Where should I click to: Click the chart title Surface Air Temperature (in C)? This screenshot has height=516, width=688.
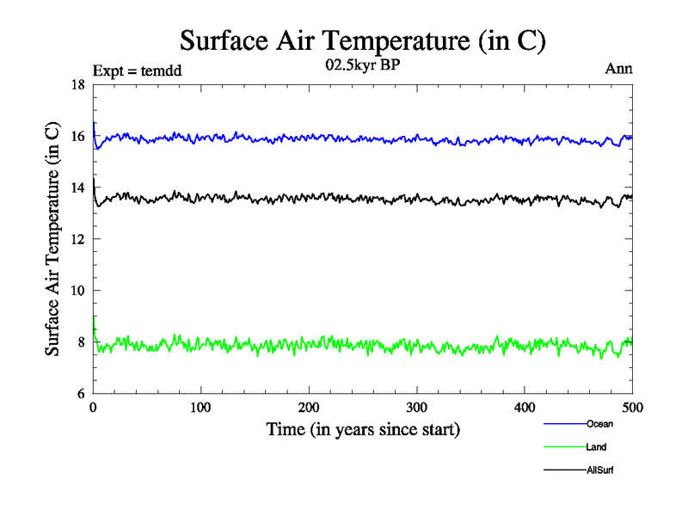tap(362, 40)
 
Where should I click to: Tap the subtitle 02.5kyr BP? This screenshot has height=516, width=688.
tap(361, 68)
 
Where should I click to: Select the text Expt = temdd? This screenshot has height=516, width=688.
tap(138, 69)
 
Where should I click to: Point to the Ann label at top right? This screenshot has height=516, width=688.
tap(619, 69)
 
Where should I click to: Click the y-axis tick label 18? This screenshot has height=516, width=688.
tap(77, 84)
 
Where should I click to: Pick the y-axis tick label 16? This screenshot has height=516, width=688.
tap(77, 136)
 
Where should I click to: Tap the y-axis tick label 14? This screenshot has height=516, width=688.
tap(77, 187)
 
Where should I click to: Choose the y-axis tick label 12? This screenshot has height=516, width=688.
tap(77, 239)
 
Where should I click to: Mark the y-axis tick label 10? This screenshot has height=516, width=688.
tap(77, 291)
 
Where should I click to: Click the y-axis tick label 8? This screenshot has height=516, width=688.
tap(81, 342)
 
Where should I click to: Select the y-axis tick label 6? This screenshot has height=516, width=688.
tap(81, 394)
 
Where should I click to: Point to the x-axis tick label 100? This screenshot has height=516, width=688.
tap(200, 407)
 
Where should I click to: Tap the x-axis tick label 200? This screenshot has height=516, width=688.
tap(309, 407)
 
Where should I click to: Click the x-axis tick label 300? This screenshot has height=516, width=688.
tap(417, 407)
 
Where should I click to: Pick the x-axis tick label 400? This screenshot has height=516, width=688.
tap(525, 407)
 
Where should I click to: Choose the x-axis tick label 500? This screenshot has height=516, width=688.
tap(632, 407)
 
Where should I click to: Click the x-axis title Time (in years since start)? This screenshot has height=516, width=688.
tap(362, 429)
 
